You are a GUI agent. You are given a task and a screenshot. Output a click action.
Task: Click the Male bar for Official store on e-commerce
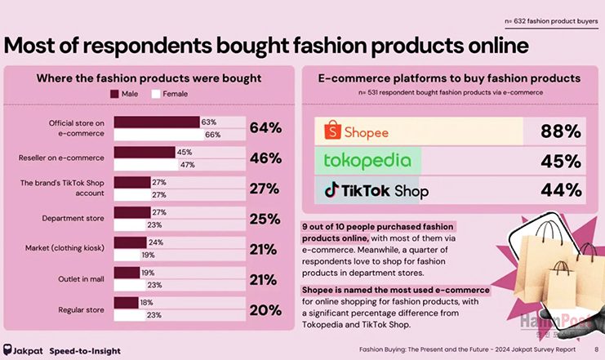pyautogui.click(x=157, y=122)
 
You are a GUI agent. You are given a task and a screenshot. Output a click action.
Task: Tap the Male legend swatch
pyautogui.click(x=114, y=95)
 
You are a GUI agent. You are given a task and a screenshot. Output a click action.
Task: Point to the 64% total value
pyautogui.click(x=265, y=128)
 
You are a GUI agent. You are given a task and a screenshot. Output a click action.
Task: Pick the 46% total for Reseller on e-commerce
pyautogui.click(x=265, y=158)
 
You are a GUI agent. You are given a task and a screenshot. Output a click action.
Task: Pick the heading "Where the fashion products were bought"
pyautogui.click(x=149, y=78)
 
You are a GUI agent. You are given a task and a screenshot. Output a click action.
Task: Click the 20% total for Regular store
pyautogui.click(x=265, y=310)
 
